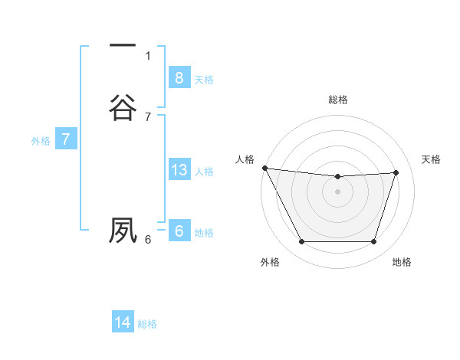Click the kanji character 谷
coord(123,106)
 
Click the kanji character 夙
coord(123,230)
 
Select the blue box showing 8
coord(179,77)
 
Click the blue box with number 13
coord(179,170)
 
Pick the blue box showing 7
coord(65,139)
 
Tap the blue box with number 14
coord(123,322)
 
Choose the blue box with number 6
coord(179,231)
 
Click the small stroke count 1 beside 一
coord(148,55)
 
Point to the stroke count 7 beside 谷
coord(148,116)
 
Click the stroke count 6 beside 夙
coord(148,239)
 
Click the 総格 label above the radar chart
coord(338,100)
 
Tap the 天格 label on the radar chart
coord(431,159)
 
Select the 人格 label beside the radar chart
coord(245,159)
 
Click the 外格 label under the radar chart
coord(270,262)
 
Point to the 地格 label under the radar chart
coord(402,262)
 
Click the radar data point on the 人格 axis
coord(264,168)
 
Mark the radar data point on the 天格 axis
coord(396,172)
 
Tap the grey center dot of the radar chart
coord(338,191)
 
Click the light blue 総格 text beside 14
coord(147,324)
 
